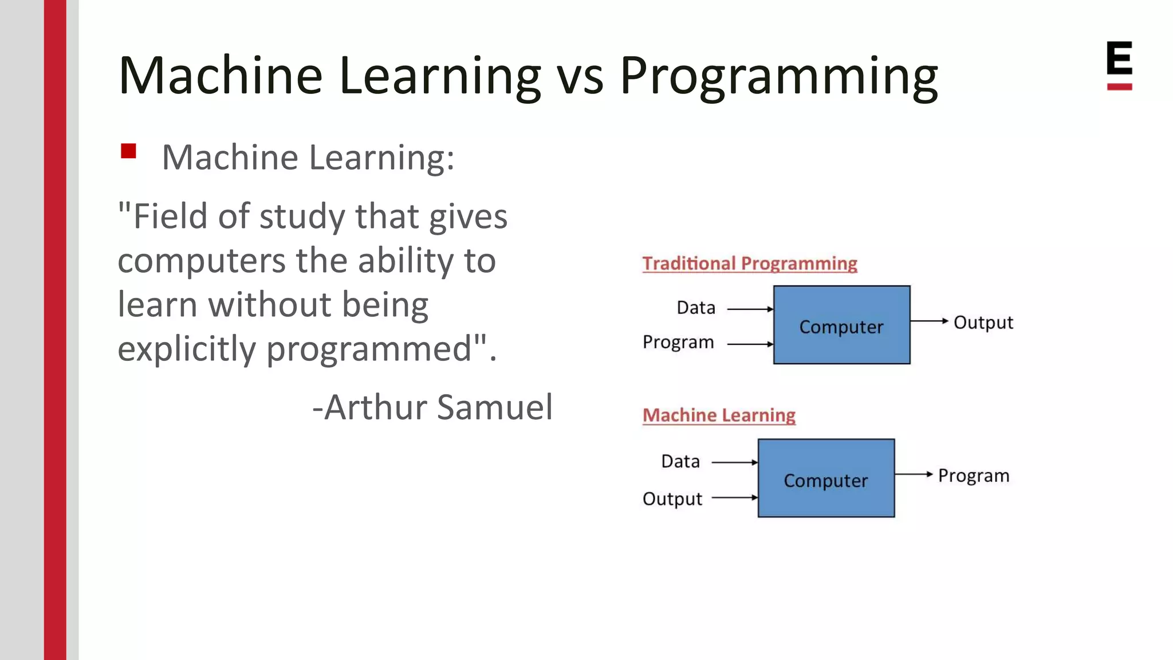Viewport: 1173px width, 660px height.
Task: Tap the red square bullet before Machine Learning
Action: (128, 151)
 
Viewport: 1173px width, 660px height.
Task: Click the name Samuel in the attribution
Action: (495, 407)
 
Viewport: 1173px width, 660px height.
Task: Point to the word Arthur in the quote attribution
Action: (377, 407)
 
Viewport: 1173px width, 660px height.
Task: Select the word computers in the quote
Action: (201, 261)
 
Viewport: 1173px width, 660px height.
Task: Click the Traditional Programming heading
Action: (749, 264)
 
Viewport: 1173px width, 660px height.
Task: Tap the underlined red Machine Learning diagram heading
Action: (719, 415)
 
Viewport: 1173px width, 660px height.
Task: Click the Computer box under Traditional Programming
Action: (841, 325)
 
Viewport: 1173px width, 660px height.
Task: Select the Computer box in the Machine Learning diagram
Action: (826, 478)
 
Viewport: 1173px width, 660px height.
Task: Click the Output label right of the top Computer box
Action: (983, 323)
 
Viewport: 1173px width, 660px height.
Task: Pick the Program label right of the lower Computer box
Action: (973, 476)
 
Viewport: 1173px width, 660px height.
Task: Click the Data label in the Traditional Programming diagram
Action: (696, 308)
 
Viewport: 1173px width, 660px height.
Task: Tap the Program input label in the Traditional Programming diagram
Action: (678, 342)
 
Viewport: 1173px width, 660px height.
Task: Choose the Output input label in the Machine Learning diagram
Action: (672, 498)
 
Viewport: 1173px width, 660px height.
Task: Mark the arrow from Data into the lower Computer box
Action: (735, 462)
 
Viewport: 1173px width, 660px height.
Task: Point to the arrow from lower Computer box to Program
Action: (914, 474)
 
